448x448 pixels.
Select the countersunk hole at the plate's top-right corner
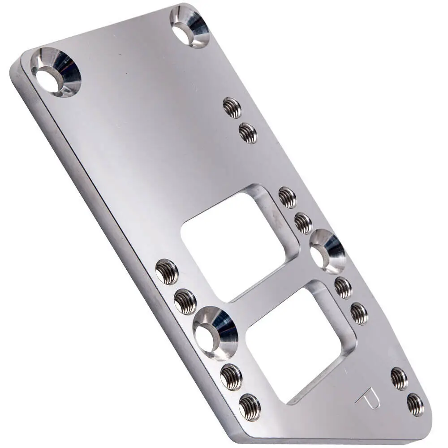pos(190,26)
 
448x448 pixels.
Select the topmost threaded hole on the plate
pos(232,108)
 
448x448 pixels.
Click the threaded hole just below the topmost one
pos(247,133)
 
